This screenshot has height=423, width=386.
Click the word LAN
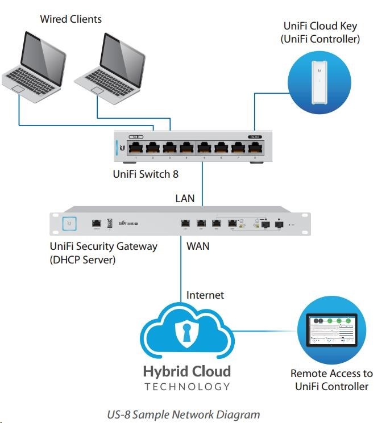[x=185, y=199]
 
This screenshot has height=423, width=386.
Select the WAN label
[x=198, y=247]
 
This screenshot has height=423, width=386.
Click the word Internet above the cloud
[x=205, y=295]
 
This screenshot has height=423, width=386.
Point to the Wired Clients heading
[x=70, y=19]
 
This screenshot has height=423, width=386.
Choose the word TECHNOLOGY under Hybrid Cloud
[x=187, y=387]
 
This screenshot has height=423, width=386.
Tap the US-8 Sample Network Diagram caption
[x=184, y=414]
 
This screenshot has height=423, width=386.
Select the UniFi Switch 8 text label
[x=142, y=174]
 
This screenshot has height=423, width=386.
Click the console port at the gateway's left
[x=97, y=224]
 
